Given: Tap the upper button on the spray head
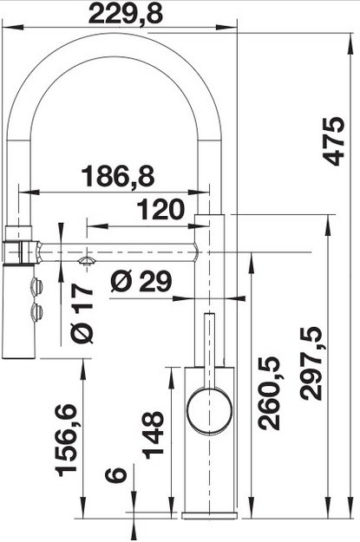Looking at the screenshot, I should (x=36, y=286).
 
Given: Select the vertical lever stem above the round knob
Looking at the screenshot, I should (x=209, y=347).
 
